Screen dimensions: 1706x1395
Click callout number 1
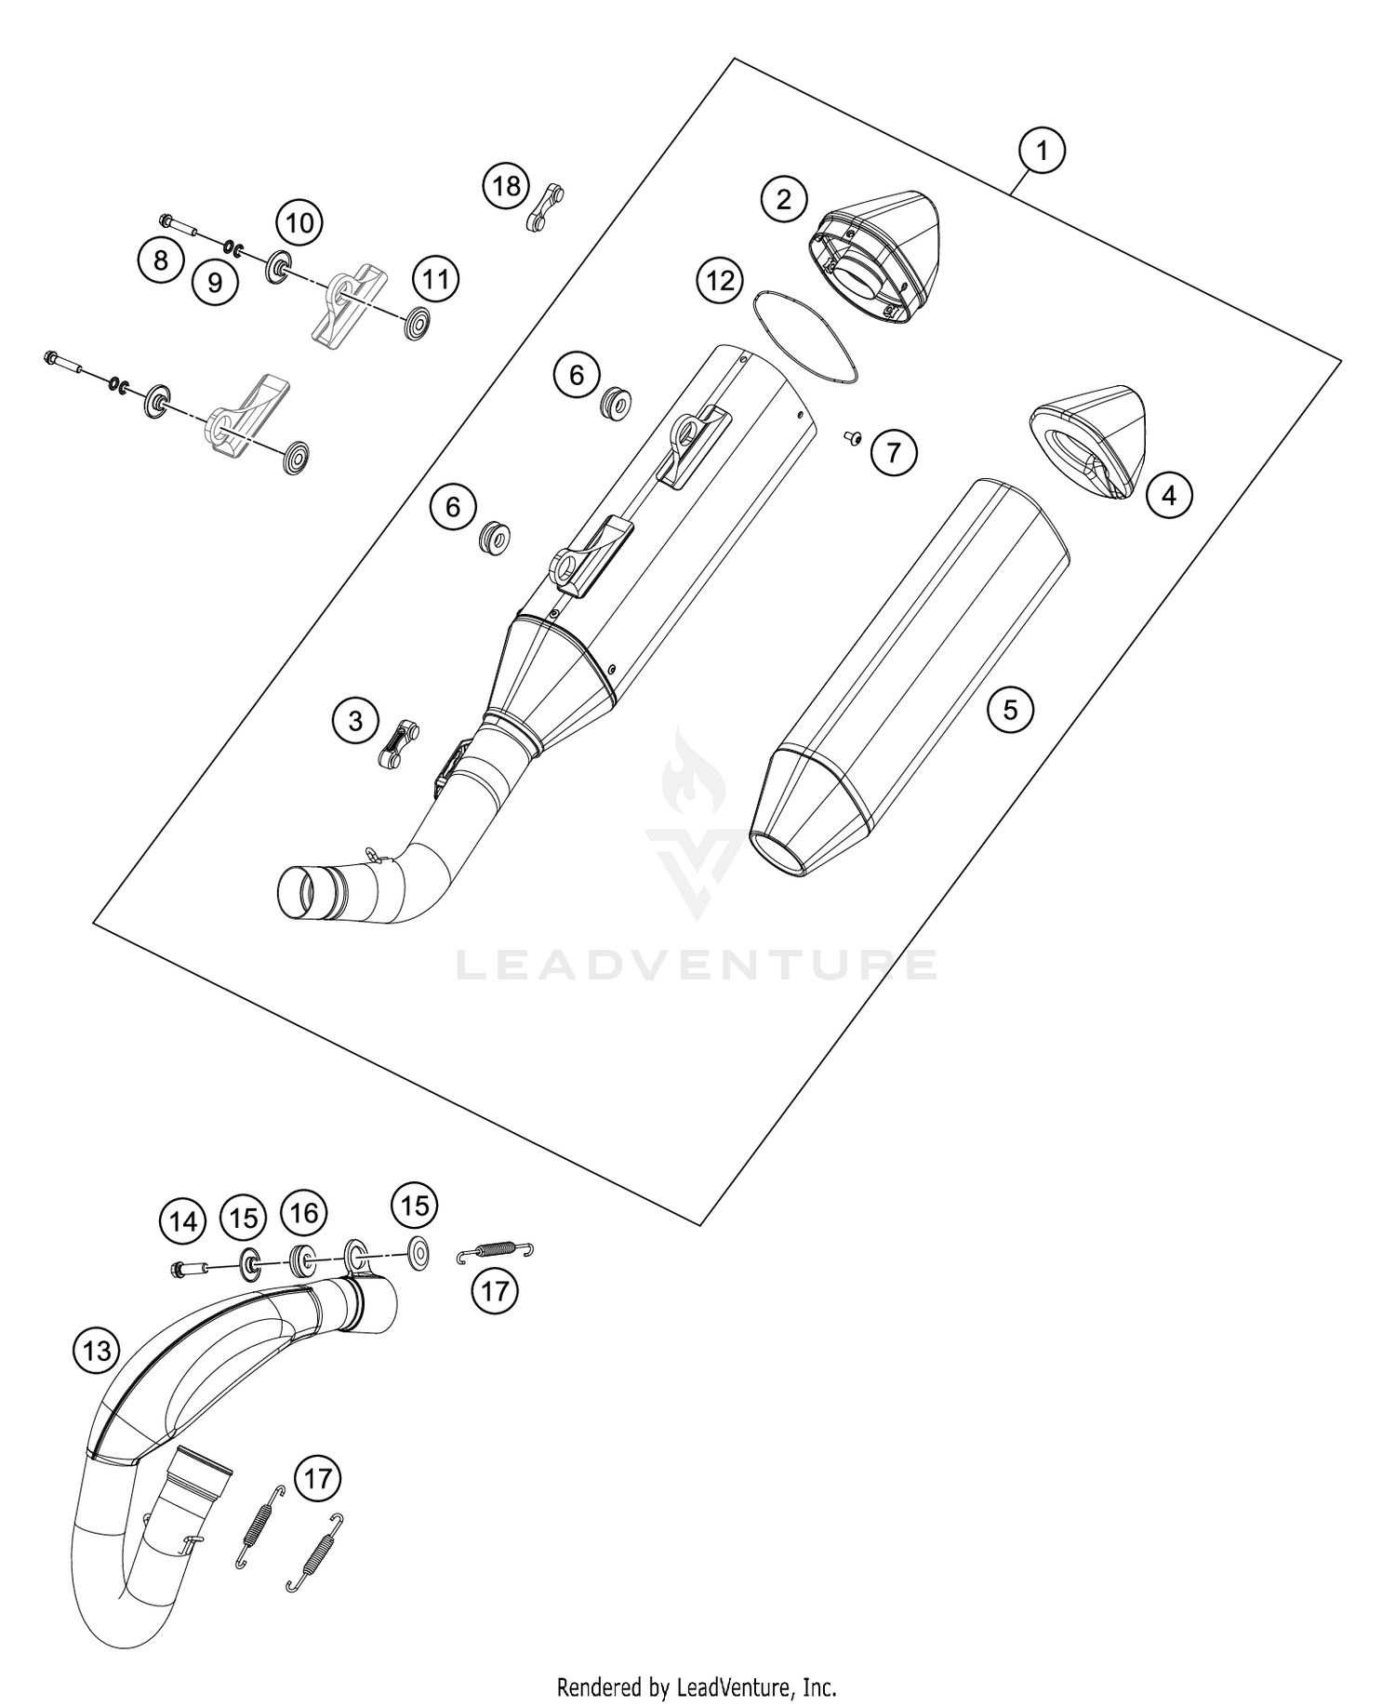1042,150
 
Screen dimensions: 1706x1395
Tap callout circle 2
784,199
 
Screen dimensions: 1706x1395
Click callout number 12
721,280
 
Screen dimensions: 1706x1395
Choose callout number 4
1169,495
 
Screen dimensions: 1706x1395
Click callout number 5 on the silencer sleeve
1010,711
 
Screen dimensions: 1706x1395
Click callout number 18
506,186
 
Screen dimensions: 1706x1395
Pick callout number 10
299,223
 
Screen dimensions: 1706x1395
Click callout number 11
436,279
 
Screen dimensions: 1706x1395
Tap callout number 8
161,260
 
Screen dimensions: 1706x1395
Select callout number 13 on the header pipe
97,1350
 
